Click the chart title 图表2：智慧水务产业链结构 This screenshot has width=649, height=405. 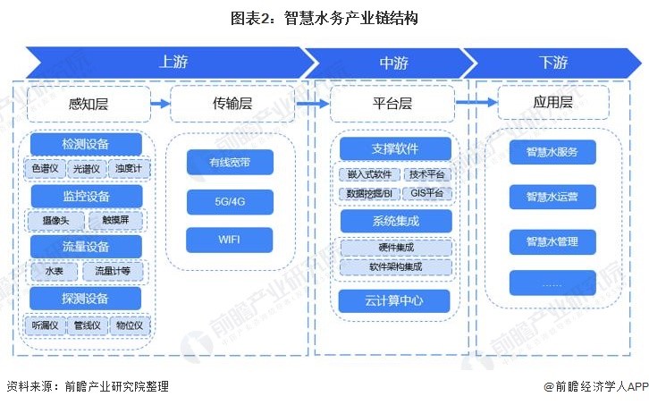point(324,17)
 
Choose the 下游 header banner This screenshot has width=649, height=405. point(552,63)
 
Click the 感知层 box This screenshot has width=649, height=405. point(88,104)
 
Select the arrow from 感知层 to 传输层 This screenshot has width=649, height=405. point(159,104)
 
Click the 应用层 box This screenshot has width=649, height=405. point(552,104)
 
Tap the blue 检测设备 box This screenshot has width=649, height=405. point(86,144)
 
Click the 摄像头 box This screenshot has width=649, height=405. point(56,220)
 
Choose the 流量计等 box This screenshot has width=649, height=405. point(113,271)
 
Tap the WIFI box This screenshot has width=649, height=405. point(231,240)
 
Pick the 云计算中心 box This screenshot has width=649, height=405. point(395,300)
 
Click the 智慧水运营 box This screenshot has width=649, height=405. point(552,197)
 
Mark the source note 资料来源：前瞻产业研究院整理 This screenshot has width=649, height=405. point(88,387)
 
